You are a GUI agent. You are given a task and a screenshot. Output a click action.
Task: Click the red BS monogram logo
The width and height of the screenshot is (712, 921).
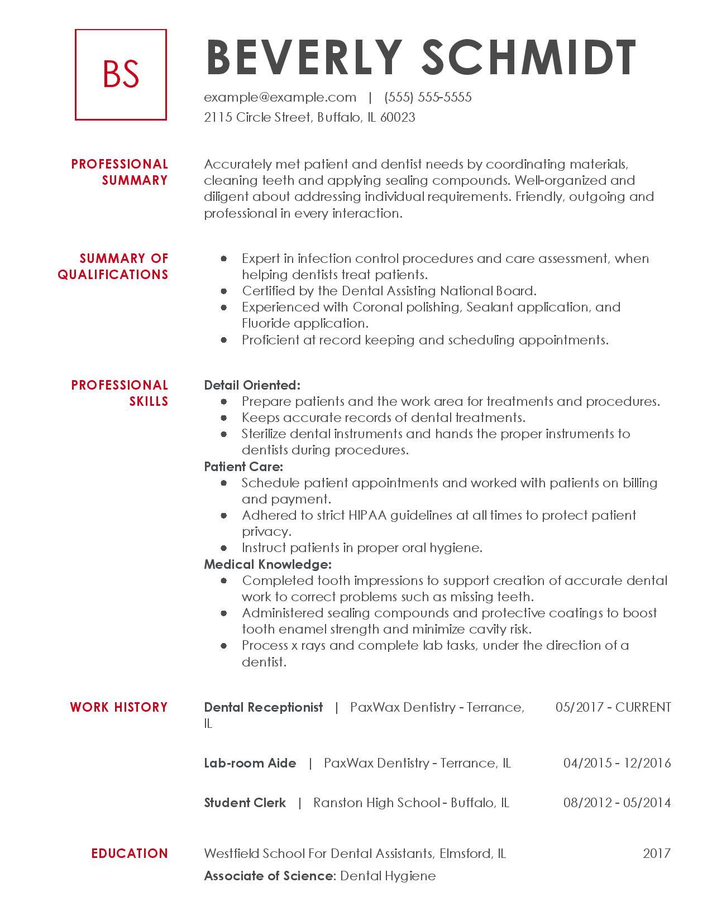point(121,74)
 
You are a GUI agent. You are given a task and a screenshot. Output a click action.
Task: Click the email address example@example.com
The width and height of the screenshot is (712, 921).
point(280,97)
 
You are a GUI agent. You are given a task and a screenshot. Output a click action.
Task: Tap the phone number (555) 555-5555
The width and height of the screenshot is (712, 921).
point(428,97)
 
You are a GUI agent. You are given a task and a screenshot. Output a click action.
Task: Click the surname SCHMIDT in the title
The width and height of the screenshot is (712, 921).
point(529,57)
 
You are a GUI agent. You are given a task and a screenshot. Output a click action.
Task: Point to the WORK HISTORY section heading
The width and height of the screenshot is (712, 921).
point(118,707)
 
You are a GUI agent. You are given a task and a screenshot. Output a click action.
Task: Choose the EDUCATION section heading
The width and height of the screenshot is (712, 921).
point(130,853)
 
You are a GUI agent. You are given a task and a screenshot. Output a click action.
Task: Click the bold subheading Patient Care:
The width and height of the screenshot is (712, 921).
point(243,467)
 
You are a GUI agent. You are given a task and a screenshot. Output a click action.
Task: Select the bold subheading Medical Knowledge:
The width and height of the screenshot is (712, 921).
point(267,564)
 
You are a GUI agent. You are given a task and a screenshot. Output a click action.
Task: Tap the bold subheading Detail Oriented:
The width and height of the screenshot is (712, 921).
point(252,385)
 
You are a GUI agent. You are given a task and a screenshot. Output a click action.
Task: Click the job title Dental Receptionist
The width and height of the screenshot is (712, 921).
point(264,707)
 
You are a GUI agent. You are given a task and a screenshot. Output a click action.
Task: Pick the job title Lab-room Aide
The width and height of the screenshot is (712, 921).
point(250,763)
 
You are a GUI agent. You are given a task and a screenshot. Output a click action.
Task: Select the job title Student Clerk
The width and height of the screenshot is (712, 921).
point(245,803)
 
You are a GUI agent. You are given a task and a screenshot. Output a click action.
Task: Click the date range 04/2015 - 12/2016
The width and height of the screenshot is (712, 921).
point(617,763)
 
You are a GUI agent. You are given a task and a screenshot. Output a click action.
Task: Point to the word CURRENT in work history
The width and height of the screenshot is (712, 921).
point(643,707)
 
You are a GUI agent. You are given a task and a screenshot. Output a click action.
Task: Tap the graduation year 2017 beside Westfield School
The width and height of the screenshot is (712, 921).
point(657,853)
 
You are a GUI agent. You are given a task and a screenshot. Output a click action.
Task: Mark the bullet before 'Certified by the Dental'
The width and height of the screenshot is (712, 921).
point(224,291)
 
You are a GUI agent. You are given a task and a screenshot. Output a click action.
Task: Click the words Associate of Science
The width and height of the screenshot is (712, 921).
point(269,876)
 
